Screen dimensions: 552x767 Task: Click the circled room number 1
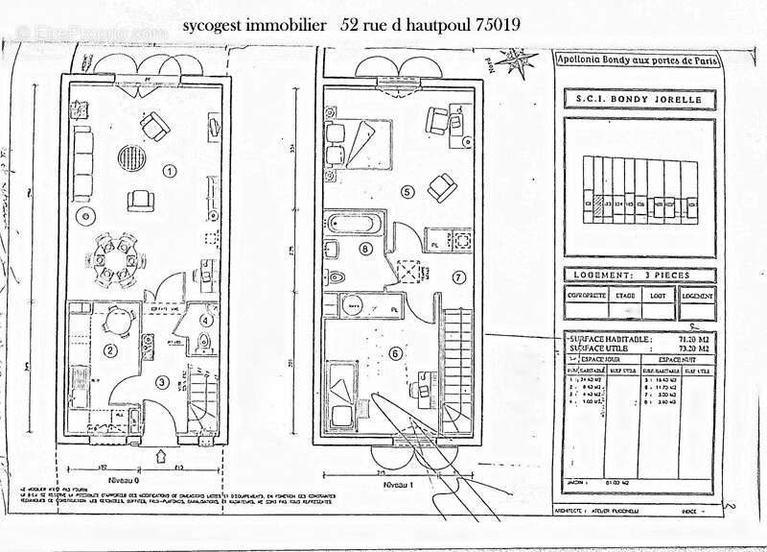[170, 172]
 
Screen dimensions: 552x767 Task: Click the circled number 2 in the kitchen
[111, 350]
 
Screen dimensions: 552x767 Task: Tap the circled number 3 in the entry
[163, 383]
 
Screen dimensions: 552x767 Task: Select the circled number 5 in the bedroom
[407, 192]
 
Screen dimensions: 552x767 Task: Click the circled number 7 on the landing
[458, 277]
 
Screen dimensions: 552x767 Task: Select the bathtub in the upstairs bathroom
[355, 225]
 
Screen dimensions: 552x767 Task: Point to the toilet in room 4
[200, 341]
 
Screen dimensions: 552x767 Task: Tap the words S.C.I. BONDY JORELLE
[639, 98]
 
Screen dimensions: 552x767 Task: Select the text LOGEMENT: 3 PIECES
[639, 274]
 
